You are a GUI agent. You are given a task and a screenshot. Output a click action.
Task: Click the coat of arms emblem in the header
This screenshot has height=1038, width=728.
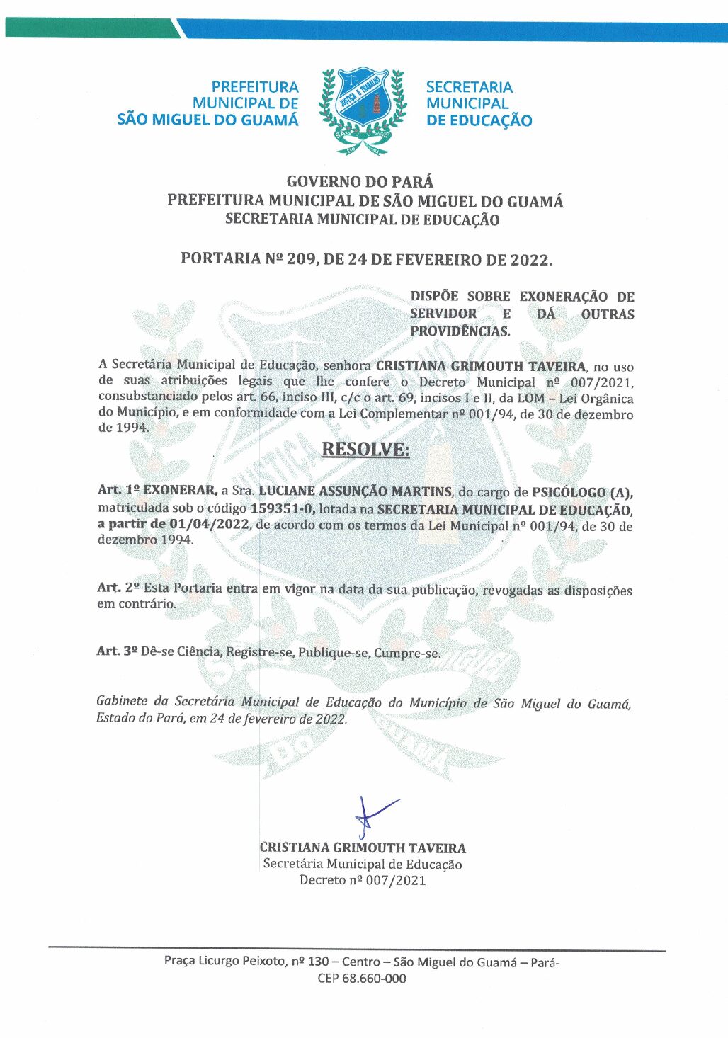point(363,110)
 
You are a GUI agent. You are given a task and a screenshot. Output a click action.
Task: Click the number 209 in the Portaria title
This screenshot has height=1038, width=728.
point(301,259)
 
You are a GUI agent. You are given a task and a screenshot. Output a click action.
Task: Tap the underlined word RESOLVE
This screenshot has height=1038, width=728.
point(365,450)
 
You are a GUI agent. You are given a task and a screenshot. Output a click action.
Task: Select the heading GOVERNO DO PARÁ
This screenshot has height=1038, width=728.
point(360,183)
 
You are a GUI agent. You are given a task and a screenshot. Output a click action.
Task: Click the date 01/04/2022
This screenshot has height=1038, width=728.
point(209,525)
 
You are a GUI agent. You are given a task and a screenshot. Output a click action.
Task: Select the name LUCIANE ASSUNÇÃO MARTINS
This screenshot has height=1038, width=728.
point(355,491)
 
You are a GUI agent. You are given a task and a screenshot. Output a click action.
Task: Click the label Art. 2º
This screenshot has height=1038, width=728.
point(118,588)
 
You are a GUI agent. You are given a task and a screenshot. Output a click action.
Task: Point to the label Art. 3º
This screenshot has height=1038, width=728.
point(117,651)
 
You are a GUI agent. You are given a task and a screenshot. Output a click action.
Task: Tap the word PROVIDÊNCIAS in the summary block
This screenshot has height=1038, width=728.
point(460,331)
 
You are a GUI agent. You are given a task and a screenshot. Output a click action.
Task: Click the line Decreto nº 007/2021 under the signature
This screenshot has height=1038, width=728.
point(363,880)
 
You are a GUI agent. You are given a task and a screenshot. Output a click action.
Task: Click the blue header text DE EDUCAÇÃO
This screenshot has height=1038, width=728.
point(479,120)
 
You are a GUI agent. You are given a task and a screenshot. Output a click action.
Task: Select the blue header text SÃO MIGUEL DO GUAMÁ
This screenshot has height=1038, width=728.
point(207,120)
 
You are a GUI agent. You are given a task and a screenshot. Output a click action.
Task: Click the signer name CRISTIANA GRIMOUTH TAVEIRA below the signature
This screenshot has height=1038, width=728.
point(363,848)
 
